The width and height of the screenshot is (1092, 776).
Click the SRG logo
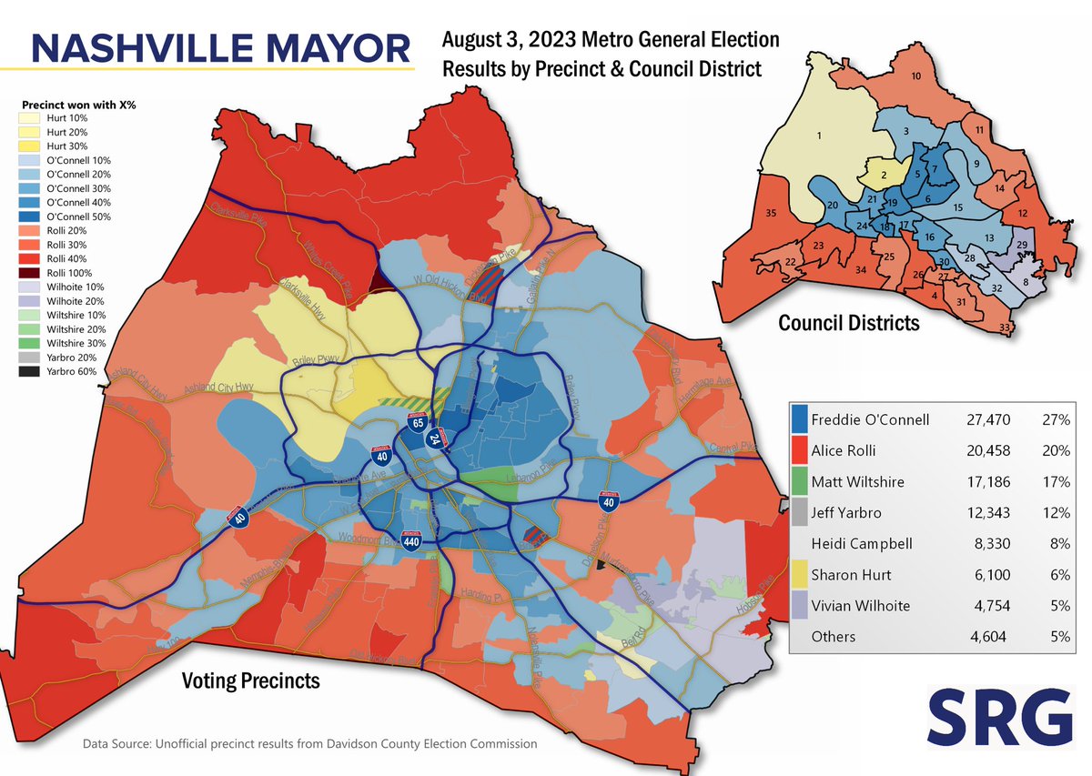1001,717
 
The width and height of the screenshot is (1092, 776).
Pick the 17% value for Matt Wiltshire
1057,482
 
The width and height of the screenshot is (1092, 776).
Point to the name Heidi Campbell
856,544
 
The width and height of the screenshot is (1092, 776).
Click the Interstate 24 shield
435,440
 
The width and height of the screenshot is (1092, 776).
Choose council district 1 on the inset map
819,136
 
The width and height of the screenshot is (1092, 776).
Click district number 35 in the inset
771,215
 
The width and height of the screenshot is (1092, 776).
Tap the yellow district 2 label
883,172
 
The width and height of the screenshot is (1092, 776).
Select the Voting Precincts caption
250,680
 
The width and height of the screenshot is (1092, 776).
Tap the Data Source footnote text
309,744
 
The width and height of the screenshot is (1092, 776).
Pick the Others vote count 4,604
990,637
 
